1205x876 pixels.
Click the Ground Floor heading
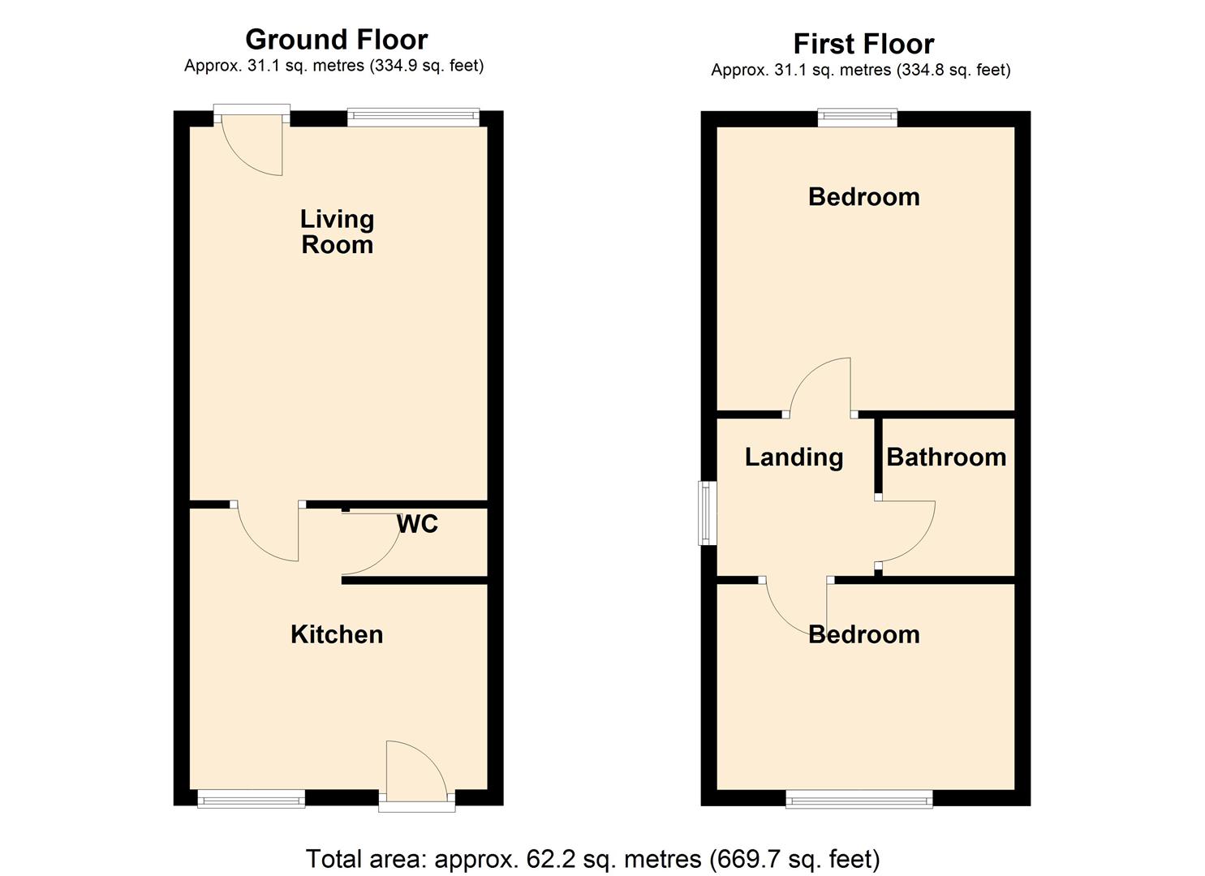click(336, 39)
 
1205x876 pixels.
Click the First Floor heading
click(863, 44)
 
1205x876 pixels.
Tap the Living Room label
click(337, 232)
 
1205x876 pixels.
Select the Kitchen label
click(337, 634)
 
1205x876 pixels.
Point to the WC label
click(417, 524)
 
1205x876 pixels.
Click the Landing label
click(794, 457)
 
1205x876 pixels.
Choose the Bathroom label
click(946, 457)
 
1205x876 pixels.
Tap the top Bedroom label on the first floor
click(864, 197)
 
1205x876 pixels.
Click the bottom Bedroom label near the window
click(864, 634)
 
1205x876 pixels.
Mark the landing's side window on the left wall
click(708, 513)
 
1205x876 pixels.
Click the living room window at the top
click(413, 118)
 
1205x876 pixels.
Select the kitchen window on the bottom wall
click(252, 799)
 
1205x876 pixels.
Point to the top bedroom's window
click(858, 118)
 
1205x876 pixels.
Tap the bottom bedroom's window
click(859, 799)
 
